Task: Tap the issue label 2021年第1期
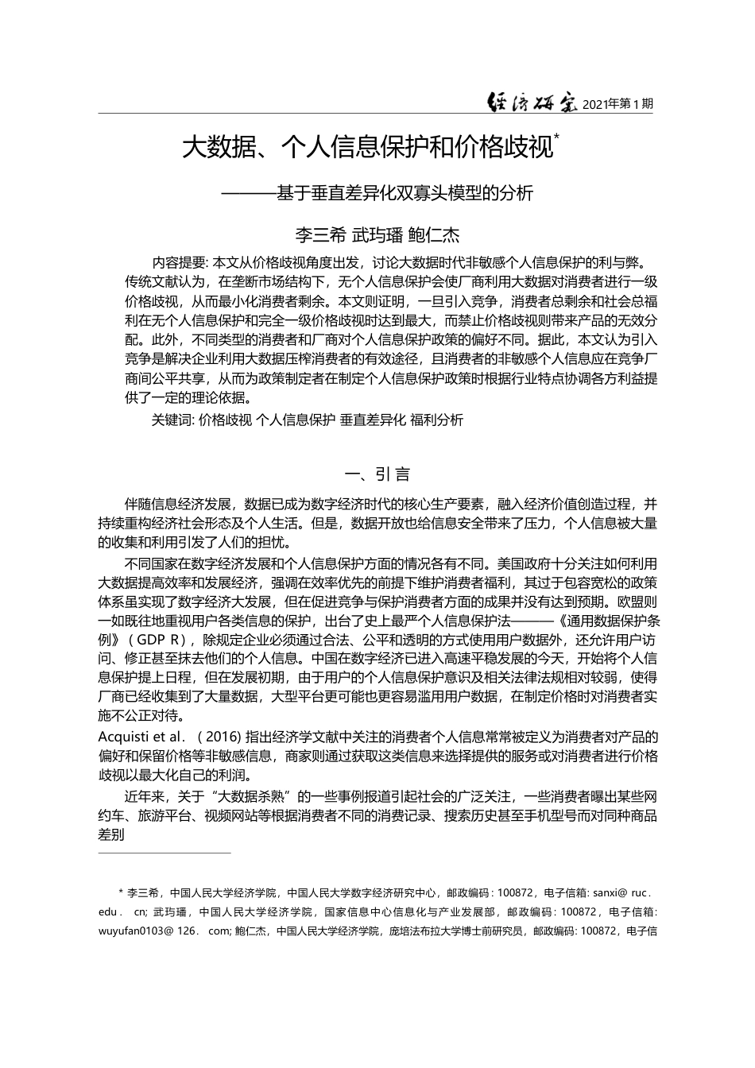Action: click(618, 103)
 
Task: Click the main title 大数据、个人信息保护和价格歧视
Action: click(367, 147)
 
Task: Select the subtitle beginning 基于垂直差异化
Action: click(404, 193)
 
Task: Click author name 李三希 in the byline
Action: click(321, 235)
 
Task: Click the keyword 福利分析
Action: click(436, 420)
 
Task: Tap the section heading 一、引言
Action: click(377, 474)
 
